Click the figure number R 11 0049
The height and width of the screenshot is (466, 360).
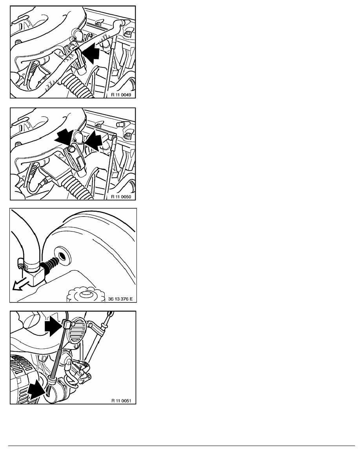click(121, 95)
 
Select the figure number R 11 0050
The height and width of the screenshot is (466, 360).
click(121, 197)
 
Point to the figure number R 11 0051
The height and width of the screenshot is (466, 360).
click(121, 400)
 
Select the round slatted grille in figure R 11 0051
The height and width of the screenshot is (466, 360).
click(77, 330)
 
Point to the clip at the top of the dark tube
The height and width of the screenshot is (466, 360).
click(67, 324)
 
